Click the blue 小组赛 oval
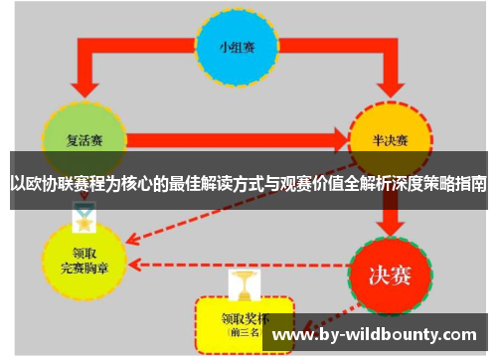pyautogui.click(x=237, y=48)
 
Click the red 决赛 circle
pyautogui.click(x=391, y=270)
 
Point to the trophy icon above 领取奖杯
pyautogui.click(x=243, y=284)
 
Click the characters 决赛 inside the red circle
pyautogui.click(x=391, y=270)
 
